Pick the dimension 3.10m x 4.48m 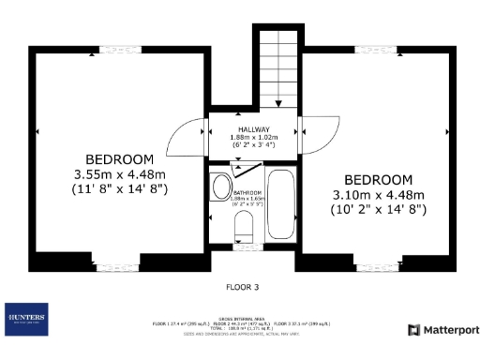pyautogui.click(x=378, y=195)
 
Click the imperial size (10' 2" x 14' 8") pyautogui.click(x=378, y=210)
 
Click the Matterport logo pyautogui.click(x=443, y=329)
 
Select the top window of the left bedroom pyautogui.click(x=113, y=48)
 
